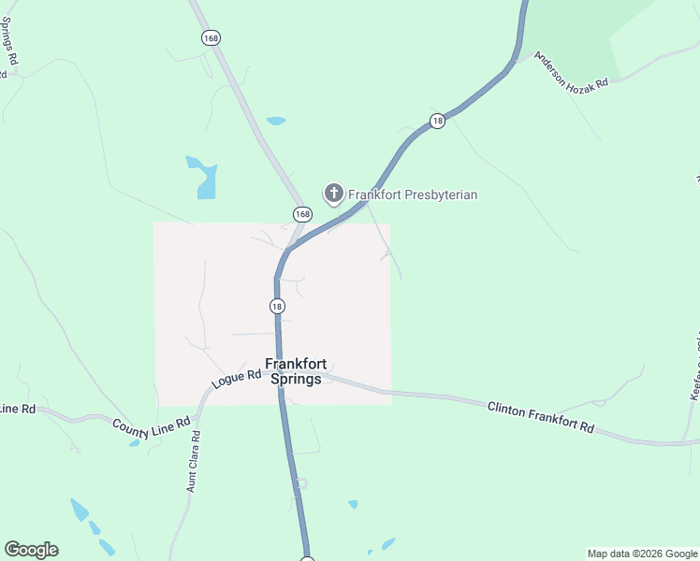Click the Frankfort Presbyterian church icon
(x=333, y=194)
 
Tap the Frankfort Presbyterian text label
(x=413, y=194)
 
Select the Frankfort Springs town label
(x=295, y=371)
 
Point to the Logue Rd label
(x=236, y=378)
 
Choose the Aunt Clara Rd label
(x=193, y=461)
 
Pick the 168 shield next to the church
(x=300, y=214)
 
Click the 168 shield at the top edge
(x=211, y=37)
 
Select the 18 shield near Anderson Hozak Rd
(x=437, y=121)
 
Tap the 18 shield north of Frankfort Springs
(x=277, y=306)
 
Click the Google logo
(x=31, y=550)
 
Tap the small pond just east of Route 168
(x=276, y=121)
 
